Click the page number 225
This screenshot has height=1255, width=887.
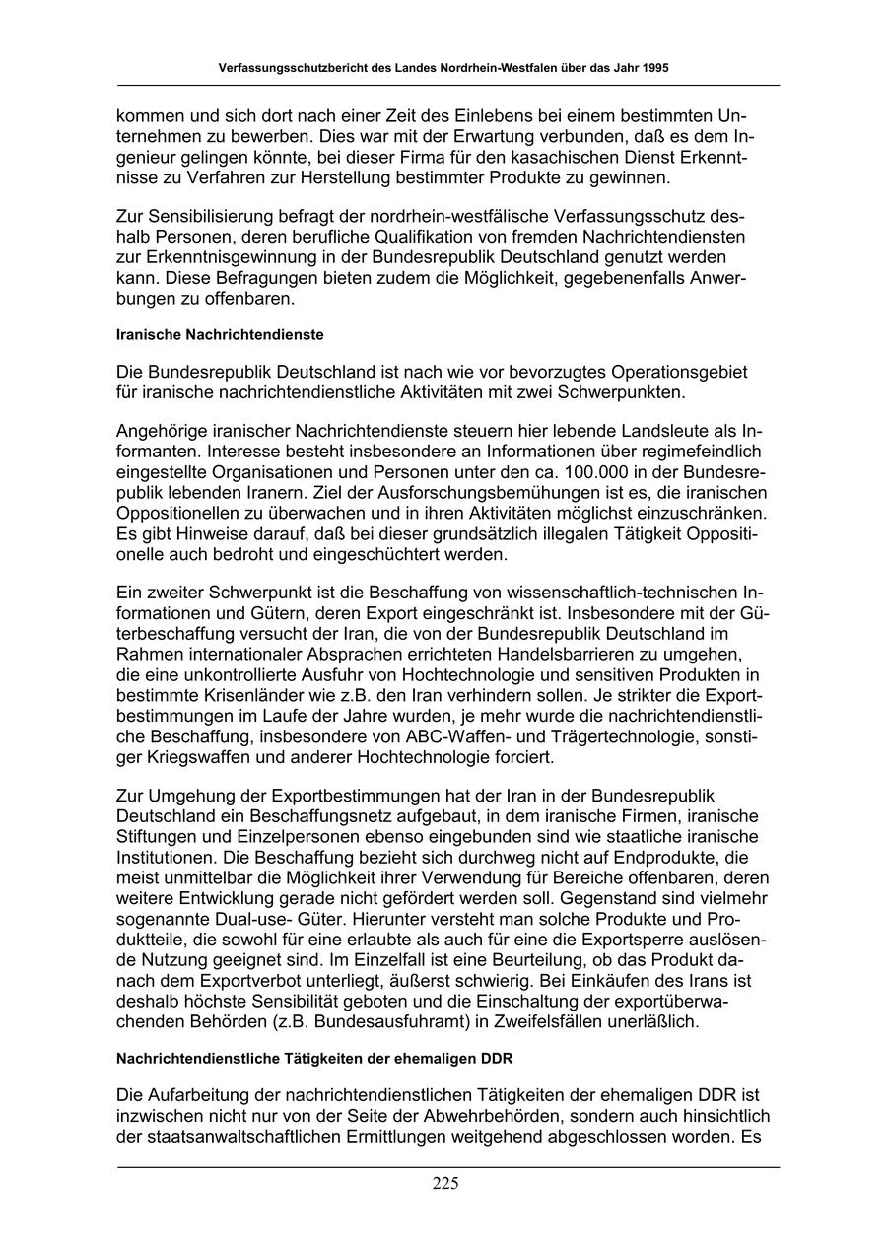point(444,1184)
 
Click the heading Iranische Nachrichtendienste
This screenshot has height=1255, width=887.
point(220,335)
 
